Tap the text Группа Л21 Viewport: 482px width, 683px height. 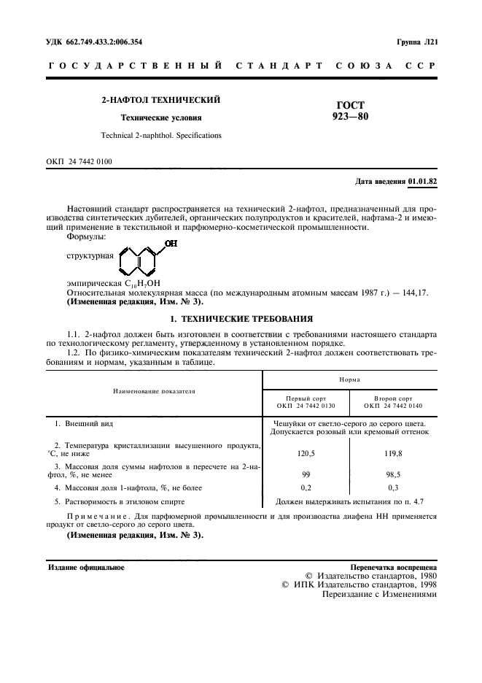[x=417, y=42]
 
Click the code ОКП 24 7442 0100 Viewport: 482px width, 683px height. [x=79, y=161]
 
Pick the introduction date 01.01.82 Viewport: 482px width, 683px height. [x=422, y=181]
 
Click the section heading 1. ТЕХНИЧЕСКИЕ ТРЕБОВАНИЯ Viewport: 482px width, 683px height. [x=241, y=319]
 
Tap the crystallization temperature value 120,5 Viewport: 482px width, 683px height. [x=306, y=453]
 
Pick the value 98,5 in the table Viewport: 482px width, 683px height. [x=393, y=474]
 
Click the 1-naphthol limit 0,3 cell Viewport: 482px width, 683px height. [x=393, y=487]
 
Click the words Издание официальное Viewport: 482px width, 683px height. [x=86, y=566]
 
